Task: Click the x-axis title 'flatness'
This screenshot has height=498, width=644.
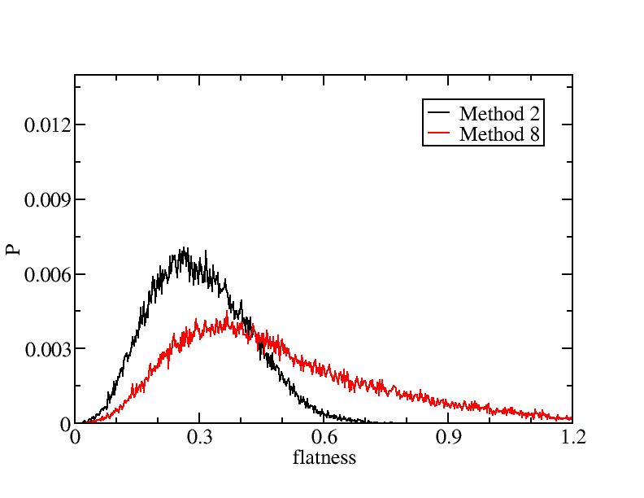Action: tap(324, 457)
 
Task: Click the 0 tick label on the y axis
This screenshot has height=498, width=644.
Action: tap(65, 424)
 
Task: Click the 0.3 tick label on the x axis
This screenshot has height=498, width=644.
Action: tap(199, 438)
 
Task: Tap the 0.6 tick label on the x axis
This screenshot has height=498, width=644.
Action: tap(324, 438)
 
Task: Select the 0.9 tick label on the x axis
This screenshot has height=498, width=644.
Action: tap(448, 438)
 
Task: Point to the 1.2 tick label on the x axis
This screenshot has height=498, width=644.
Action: tap(572, 438)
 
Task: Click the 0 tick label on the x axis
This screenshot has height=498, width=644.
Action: tap(75, 438)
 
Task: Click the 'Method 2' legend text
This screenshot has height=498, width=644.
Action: tap(499, 112)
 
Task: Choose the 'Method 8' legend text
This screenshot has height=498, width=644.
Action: tap(499, 134)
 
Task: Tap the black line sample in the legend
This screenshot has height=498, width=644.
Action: tap(439, 112)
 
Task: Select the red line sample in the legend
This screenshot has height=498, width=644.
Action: tap(439, 134)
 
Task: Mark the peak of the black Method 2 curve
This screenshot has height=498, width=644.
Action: tap(185, 249)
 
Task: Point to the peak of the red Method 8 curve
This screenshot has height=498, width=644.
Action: tap(228, 312)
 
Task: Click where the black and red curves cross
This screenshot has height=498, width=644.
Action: tap(255, 331)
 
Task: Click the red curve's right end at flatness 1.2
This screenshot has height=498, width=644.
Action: tap(572, 418)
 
